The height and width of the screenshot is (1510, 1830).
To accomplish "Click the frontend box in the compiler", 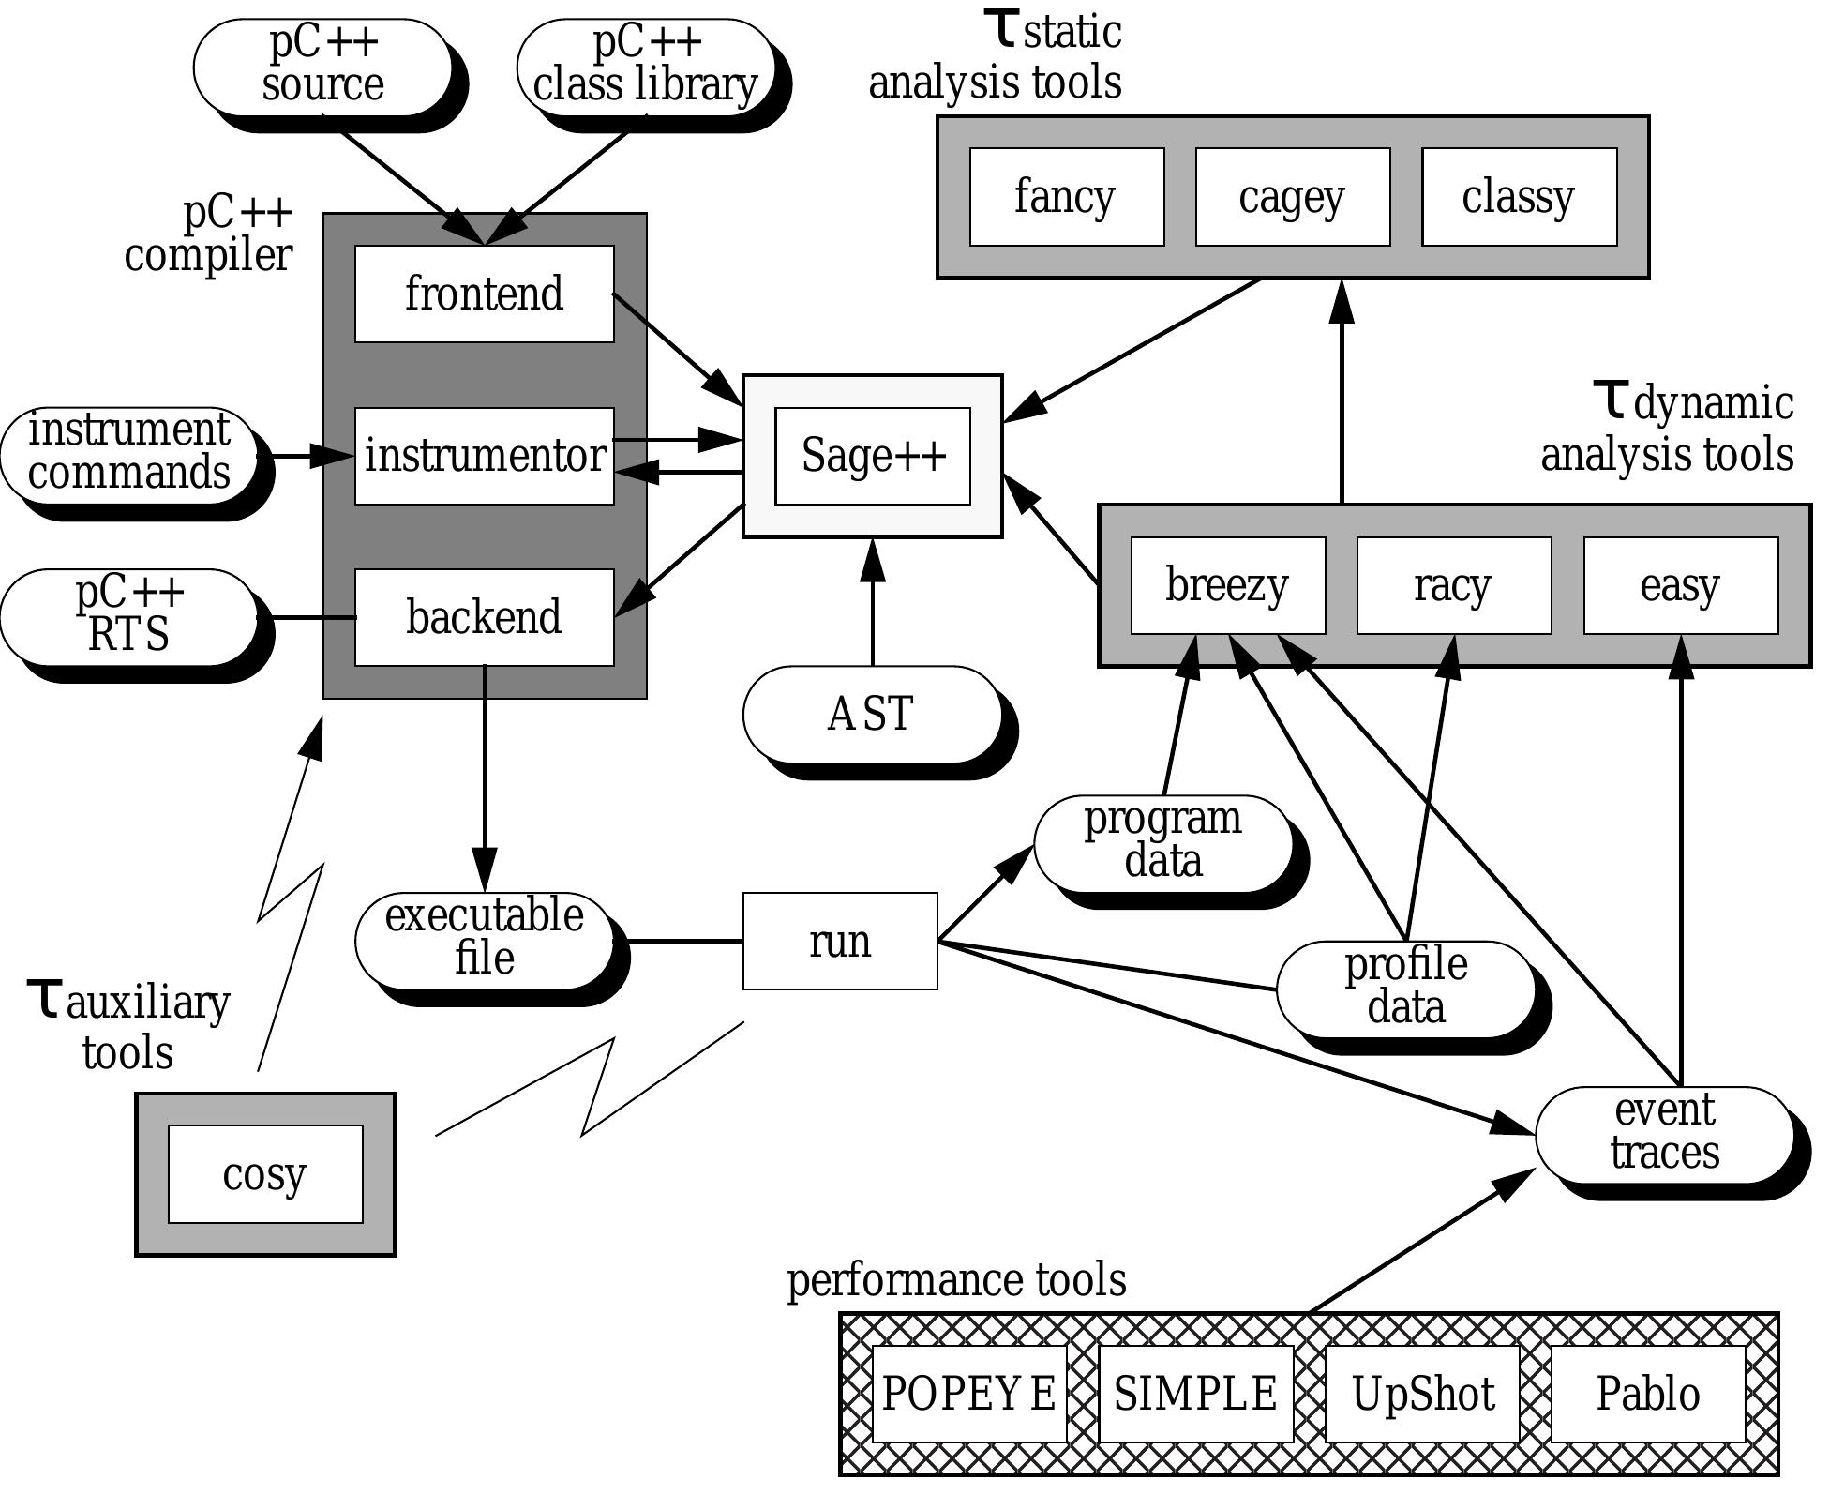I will (484, 294).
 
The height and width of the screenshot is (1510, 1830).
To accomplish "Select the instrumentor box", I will (484, 456).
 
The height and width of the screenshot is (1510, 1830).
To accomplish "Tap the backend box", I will (484, 617).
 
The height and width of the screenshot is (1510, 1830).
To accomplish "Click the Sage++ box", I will (872, 456).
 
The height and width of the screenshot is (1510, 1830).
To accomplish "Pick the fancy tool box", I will (1066, 197).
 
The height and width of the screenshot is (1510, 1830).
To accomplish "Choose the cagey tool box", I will (1292, 197).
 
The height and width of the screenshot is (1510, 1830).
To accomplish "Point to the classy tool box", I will (1519, 197).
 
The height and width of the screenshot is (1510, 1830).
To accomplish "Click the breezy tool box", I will (1227, 585).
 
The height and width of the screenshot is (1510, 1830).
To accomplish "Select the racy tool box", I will (1453, 585).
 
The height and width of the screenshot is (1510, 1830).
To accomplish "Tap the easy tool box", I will (1680, 585).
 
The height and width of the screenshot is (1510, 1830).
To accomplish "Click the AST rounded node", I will (871, 714).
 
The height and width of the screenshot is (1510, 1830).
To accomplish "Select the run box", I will (839, 941).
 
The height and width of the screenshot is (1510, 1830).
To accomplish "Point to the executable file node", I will (484, 938).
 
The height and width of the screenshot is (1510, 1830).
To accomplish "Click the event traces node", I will (1664, 1133).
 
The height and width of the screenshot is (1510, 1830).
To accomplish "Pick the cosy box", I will (265, 1174).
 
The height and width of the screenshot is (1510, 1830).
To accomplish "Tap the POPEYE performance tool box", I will (969, 1394).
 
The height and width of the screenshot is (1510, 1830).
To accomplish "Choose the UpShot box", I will (1422, 1394).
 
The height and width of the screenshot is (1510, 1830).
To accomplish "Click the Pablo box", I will (1648, 1394).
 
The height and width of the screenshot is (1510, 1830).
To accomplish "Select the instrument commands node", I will (128, 453).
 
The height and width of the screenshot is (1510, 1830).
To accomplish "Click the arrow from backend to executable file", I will (484, 778).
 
